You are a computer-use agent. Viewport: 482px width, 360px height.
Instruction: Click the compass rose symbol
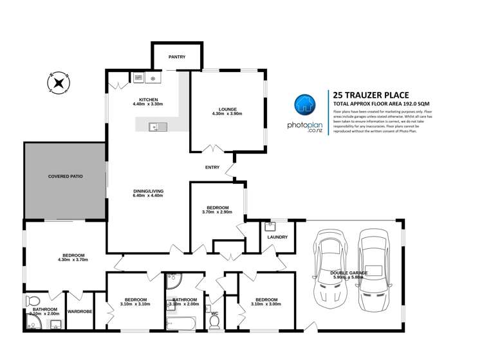point(59,83)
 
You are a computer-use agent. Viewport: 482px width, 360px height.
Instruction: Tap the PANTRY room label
point(177,57)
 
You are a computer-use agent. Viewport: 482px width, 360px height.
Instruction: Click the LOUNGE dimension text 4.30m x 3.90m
point(227,114)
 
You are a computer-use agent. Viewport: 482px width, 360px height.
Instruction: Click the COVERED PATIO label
point(66,175)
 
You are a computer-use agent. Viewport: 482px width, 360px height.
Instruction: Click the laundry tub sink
point(270,226)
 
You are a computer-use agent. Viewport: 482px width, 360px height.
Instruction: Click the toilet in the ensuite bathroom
point(32,301)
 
